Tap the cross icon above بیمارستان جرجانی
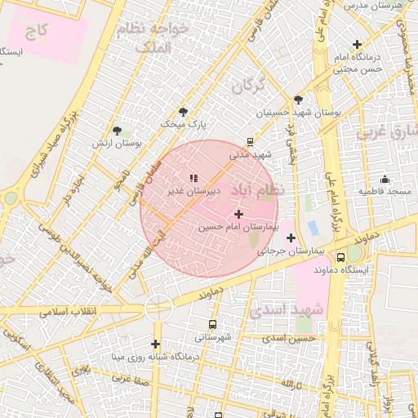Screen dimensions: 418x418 (x=291, y=238)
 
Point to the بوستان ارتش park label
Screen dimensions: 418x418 (x=116, y=143)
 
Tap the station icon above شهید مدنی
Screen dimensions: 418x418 (x=250, y=141)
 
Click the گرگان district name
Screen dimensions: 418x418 (x=249, y=85)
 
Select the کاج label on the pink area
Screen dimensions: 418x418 (x=37, y=32)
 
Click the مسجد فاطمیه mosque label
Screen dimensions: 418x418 (x=384, y=190)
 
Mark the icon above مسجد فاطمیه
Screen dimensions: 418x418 (x=385, y=179)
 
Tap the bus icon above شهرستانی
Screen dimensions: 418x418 (x=212, y=324)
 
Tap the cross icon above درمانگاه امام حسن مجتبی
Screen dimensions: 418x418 (x=356, y=44)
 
